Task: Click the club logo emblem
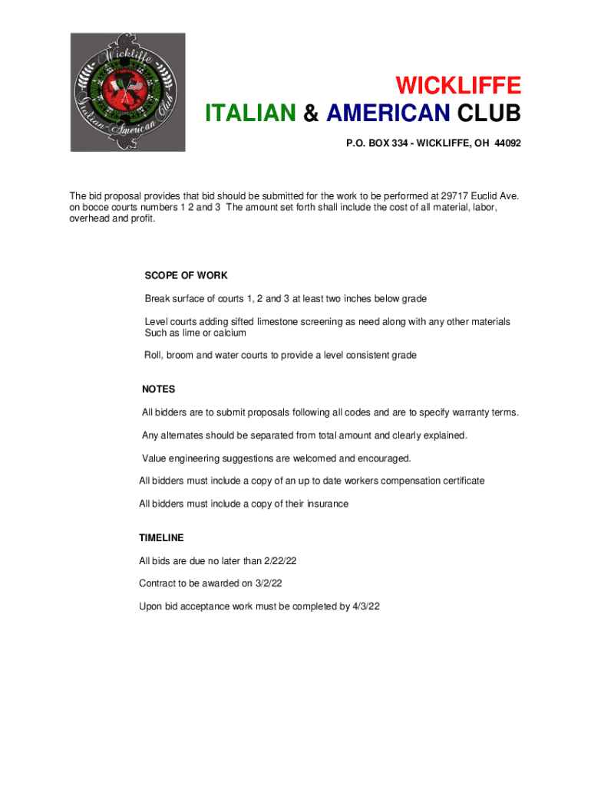pyautogui.click(x=128, y=92)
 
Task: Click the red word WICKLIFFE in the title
pyautogui.click(x=457, y=84)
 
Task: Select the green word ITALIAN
pyautogui.click(x=250, y=114)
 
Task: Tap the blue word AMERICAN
pyautogui.click(x=388, y=114)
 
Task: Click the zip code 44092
pyautogui.click(x=508, y=143)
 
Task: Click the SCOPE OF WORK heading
pyautogui.click(x=186, y=275)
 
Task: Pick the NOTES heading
pyautogui.click(x=158, y=389)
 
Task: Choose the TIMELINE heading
pyautogui.click(x=161, y=538)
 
